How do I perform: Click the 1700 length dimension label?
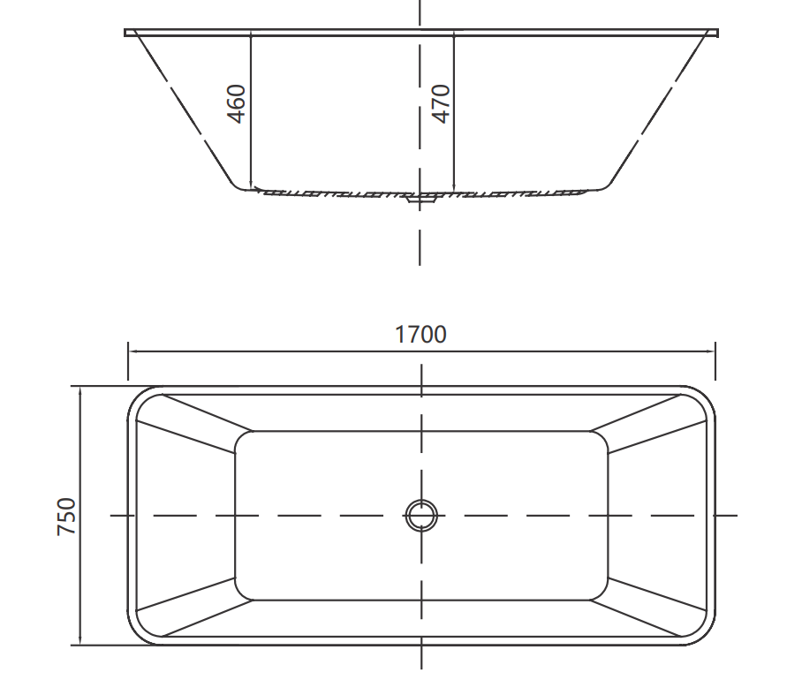[x=420, y=335]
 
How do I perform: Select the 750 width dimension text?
[x=67, y=517]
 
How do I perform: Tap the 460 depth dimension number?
[x=236, y=103]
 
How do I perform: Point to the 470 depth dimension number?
[x=441, y=103]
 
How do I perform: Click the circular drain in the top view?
[x=421, y=515]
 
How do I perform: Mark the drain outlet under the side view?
[x=420, y=200]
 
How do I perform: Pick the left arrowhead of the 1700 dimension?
[x=132, y=351]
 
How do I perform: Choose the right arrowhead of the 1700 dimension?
[x=711, y=351]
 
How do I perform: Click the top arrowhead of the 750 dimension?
[x=80, y=390]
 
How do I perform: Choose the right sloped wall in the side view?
[x=658, y=110]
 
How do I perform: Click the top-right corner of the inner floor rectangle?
[x=603, y=435]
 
